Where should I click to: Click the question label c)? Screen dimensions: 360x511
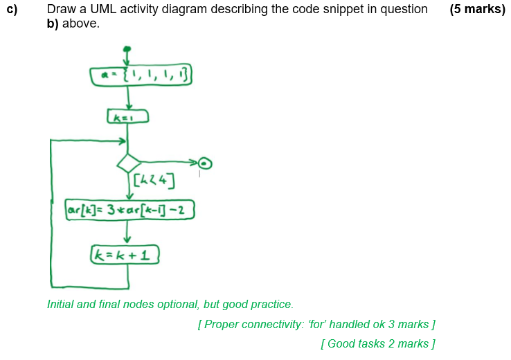pyautogui.click(x=12, y=10)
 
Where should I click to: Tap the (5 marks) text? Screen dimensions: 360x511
pyautogui.click(x=477, y=10)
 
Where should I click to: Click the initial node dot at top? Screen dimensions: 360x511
pyautogui.click(x=127, y=49)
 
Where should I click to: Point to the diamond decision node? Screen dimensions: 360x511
pyautogui.click(x=129, y=163)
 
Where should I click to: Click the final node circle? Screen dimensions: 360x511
pyautogui.click(x=205, y=163)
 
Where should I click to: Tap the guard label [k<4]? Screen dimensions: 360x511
pyautogui.click(x=154, y=182)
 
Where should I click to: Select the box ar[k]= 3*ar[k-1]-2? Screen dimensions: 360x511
pyautogui.click(x=129, y=208)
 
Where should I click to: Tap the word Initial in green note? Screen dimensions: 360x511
pyautogui.click(x=60, y=304)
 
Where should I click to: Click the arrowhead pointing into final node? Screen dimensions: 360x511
pyautogui.click(x=195, y=163)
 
